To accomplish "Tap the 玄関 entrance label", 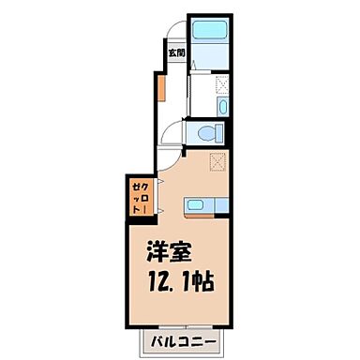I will (x=175, y=53).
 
